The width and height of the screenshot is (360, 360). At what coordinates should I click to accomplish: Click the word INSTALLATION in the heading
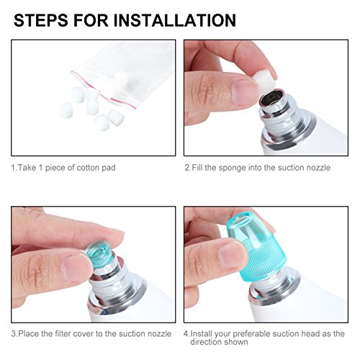pyautogui.click(x=175, y=20)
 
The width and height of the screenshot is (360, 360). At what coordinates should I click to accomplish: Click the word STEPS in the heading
pyautogui.click(x=41, y=20)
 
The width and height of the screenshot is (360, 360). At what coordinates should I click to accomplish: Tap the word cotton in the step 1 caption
pyautogui.click(x=88, y=168)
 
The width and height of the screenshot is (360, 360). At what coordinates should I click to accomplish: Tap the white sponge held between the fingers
pyautogui.click(x=264, y=78)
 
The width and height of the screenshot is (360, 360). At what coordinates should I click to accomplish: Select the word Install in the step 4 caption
pyautogui.click(x=202, y=333)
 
